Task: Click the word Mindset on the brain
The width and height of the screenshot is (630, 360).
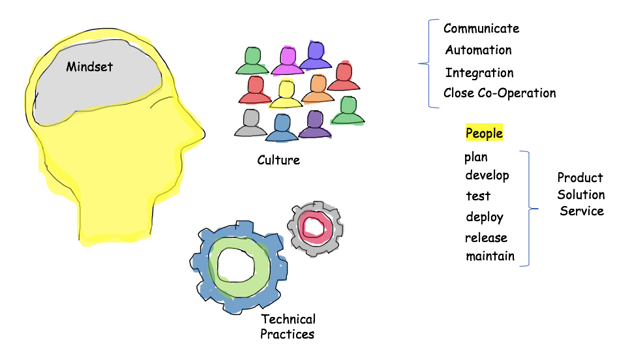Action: click(x=89, y=66)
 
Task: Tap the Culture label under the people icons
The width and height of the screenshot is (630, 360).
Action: click(x=278, y=160)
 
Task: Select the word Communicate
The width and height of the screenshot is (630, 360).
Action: click(x=481, y=29)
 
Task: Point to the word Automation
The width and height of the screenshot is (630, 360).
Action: click(x=478, y=50)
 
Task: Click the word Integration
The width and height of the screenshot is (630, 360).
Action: click(x=479, y=72)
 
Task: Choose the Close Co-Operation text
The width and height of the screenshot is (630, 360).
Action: click(x=500, y=93)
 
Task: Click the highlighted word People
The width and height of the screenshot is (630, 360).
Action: click(x=484, y=134)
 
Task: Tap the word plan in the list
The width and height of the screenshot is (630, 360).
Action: click(x=476, y=157)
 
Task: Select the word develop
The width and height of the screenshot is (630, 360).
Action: click(x=487, y=175)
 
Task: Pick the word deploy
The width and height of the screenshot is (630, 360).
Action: click(x=485, y=217)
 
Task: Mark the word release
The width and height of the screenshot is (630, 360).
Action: click(x=486, y=238)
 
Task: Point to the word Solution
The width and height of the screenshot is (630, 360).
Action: click(x=581, y=195)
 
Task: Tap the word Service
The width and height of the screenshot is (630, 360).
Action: click(x=582, y=211)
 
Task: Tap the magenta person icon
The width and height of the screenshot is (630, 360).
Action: click(x=288, y=61)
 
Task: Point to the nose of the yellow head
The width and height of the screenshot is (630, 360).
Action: click(x=199, y=133)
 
